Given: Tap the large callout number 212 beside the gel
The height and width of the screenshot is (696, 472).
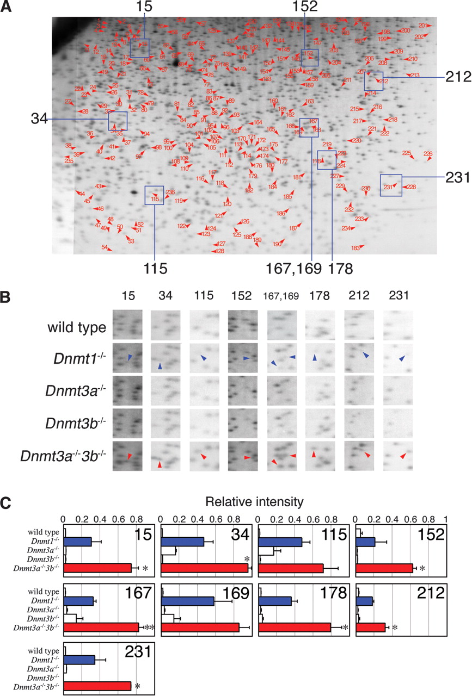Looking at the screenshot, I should pyautogui.click(x=456, y=77).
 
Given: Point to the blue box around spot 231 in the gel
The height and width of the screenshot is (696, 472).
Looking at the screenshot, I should pyautogui.click(x=390, y=185).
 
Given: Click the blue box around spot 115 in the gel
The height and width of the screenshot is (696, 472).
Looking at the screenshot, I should pyautogui.click(x=154, y=195).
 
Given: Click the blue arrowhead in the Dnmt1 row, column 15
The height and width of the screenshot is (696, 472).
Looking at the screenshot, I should pyautogui.click(x=130, y=357).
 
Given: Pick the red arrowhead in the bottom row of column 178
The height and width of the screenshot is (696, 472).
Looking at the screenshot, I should pyautogui.click(x=314, y=453).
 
